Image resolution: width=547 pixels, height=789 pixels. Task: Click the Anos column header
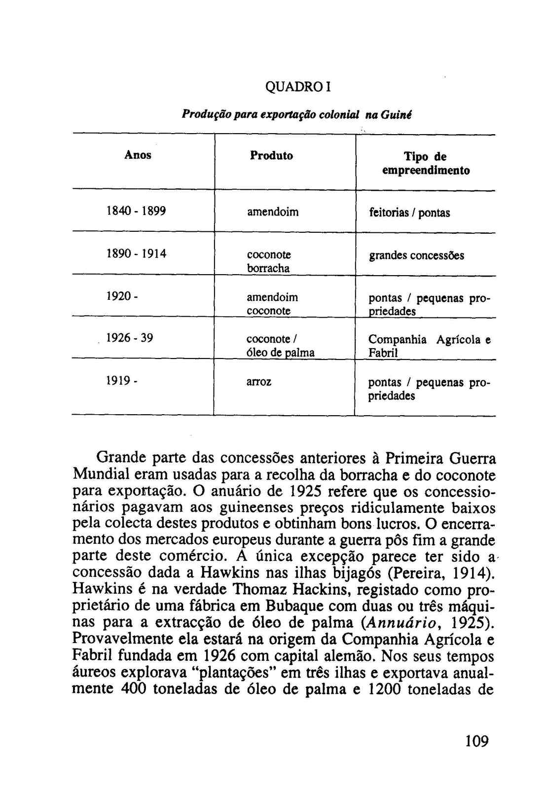(x=138, y=155)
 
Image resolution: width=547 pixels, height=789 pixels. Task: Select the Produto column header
(x=271, y=156)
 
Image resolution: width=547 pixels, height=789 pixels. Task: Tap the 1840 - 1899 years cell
(x=136, y=212)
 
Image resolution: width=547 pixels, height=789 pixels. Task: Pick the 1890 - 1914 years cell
(x=137, y=254)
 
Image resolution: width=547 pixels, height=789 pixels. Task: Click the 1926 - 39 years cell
(x=130, y=338)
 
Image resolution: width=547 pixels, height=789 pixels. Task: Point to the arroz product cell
(x=259, y=382)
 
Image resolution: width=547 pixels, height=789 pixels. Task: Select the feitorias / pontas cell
(x=409, y=213)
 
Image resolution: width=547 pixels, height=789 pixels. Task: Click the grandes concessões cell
(x=416, y=255)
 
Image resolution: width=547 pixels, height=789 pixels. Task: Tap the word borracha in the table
(x=268, y=269)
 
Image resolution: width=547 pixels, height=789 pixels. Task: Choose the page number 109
(x=476, y=741)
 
